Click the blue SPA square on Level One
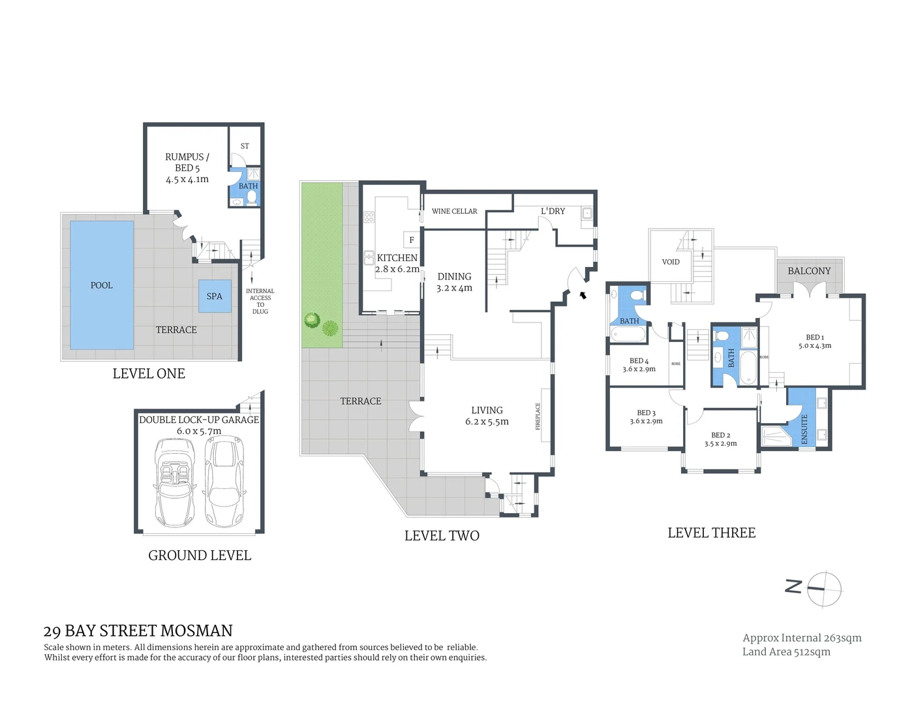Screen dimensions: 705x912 pyautogui.click(x=215, y=296)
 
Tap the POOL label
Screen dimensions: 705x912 pyautogui.click(x=101, y=285)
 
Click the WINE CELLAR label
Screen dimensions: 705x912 pyautogui.click(x=454, y=211)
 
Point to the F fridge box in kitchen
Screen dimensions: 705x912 pyautogui.click(x=411, y=240)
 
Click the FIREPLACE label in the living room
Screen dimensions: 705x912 pyautogui.click(x=538, y=416)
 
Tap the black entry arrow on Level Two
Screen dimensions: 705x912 pyautogui.click(x=583, y=295)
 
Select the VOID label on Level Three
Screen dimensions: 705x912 pyautogui.click(x=671, y=262)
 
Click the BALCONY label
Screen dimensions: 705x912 pyautogui.click(x=809, y=271)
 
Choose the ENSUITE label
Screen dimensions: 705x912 pyautogui.click(x=804, y=429)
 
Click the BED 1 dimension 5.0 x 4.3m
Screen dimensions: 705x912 pyautogui.click(x=815, y=346)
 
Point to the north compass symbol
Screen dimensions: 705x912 pyautogui.click(x=824, y=588)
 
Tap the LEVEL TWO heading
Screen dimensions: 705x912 pyautogui.click(x=442, y=536)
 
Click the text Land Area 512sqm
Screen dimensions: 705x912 pyautogui.click(x=786, y=651)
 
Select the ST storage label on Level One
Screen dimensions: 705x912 pyautogui.click(x=245, y=146)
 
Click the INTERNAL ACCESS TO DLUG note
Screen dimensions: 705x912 pyautogui.click(x=260, y=301)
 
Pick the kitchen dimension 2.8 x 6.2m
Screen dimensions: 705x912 pyautogui.click(x=397, y=269)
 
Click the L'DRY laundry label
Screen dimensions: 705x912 pyautogui.click(x=553, y=211)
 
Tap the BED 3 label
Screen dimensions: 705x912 pyautogui.click(x=646, y=413)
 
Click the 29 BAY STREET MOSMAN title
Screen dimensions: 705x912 pyautogui.click(x=138, y=631)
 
